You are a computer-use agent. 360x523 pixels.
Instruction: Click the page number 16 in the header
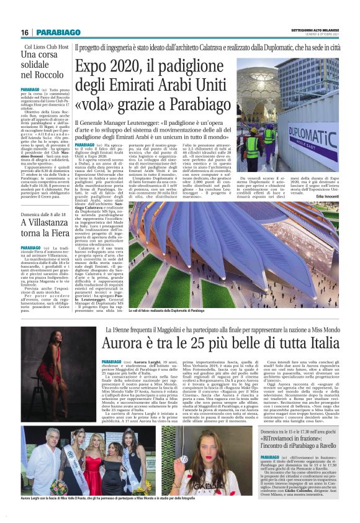pos(25,32)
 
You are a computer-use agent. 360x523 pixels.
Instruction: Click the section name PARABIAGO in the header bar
pos(57,32)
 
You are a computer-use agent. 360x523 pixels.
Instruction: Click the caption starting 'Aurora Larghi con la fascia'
pos(109,499)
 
